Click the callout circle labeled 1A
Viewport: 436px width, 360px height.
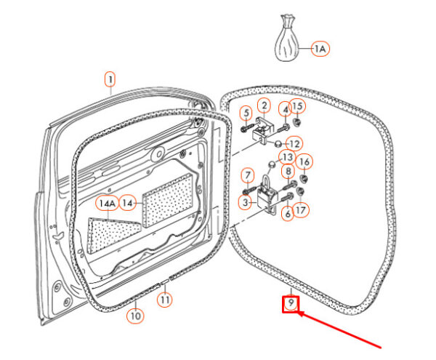[320, 49]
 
